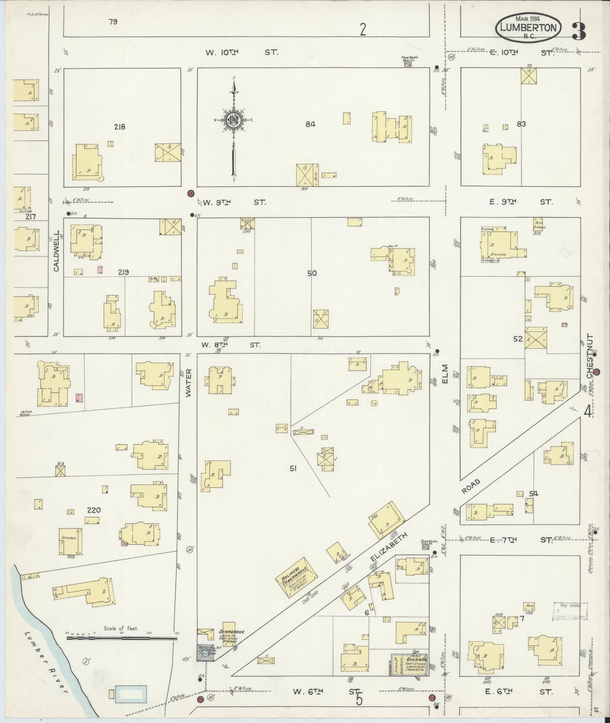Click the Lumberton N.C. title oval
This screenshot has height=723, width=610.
pos(528,28)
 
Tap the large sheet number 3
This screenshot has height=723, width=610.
pos(579,31)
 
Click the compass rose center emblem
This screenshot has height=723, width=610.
pos(233,120)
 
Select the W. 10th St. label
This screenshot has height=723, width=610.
pos(242,53)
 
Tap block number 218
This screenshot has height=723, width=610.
pos(120,127)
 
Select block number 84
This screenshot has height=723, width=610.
pos(310,124)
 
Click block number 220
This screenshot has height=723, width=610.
pos(94,510)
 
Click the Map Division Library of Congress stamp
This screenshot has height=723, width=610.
pos(571,611)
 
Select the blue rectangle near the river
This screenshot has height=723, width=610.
pos(131,693)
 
